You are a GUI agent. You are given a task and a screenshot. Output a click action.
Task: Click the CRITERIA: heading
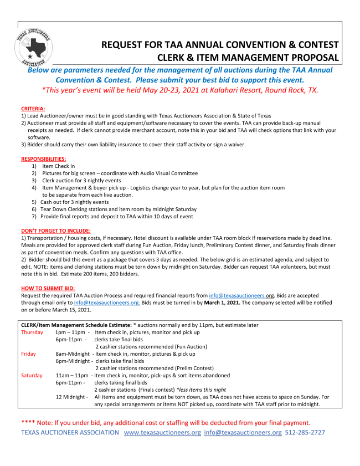[33, 108]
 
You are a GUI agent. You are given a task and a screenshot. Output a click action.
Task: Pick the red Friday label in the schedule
[29, 354]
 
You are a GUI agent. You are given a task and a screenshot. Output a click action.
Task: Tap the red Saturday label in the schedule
[32, 375]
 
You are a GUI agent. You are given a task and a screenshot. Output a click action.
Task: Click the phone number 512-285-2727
[305, 432]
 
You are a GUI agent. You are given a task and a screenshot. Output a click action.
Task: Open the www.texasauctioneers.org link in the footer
[162, 432]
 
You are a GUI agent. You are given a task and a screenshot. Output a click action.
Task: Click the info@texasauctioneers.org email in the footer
[243, 432]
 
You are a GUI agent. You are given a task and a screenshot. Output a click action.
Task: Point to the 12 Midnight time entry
[71, 397]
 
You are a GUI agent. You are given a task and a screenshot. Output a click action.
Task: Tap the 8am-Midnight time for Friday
[73, 354]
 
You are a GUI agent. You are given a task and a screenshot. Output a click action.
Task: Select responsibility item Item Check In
[59, 166]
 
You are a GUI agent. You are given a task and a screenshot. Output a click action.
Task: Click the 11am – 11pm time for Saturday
[71, 375]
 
